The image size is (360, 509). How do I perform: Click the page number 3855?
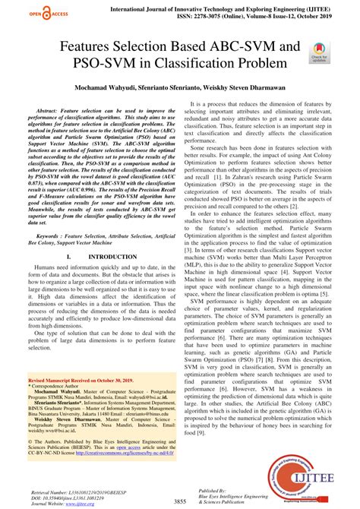[x=181, y=501]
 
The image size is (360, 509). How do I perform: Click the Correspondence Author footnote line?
[x=60, y=385]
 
